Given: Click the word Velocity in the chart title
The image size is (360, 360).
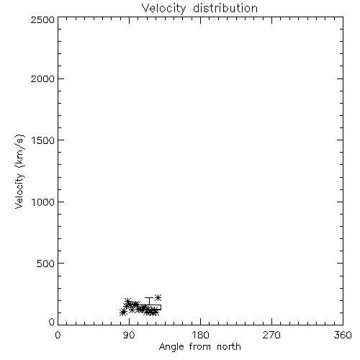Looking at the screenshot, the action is click(163, 9).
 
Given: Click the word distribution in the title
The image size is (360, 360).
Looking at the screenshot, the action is click(225, 8).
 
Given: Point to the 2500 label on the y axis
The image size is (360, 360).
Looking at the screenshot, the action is click(42, 19).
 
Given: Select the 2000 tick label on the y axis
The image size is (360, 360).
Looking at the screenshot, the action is click(42, 78).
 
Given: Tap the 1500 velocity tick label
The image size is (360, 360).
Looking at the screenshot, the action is click(43, 140).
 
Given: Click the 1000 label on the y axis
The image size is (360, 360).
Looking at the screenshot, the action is click(43, 202).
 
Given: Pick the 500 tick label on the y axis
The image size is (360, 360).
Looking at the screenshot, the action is click(46, 264).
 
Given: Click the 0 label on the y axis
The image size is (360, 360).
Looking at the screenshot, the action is click(52, 322).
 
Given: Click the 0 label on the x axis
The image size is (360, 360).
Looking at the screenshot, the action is click(58, 335).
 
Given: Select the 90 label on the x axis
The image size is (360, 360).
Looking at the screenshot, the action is click(129, 335).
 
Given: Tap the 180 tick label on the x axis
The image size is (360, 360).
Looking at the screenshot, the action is click(200, 335).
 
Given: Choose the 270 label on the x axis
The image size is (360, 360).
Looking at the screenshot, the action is click(271, 335).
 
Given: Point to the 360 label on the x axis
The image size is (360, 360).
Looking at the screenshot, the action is click(343, 335).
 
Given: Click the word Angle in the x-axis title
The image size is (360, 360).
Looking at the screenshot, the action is click(171, 347).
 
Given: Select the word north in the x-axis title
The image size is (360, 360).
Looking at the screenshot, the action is click(229, 346).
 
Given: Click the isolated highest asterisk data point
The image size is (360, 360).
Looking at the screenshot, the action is click(158, 297).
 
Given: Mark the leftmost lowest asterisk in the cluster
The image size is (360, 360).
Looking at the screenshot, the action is click(123, 312).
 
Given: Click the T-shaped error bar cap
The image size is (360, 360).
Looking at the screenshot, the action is click(149, 298).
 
